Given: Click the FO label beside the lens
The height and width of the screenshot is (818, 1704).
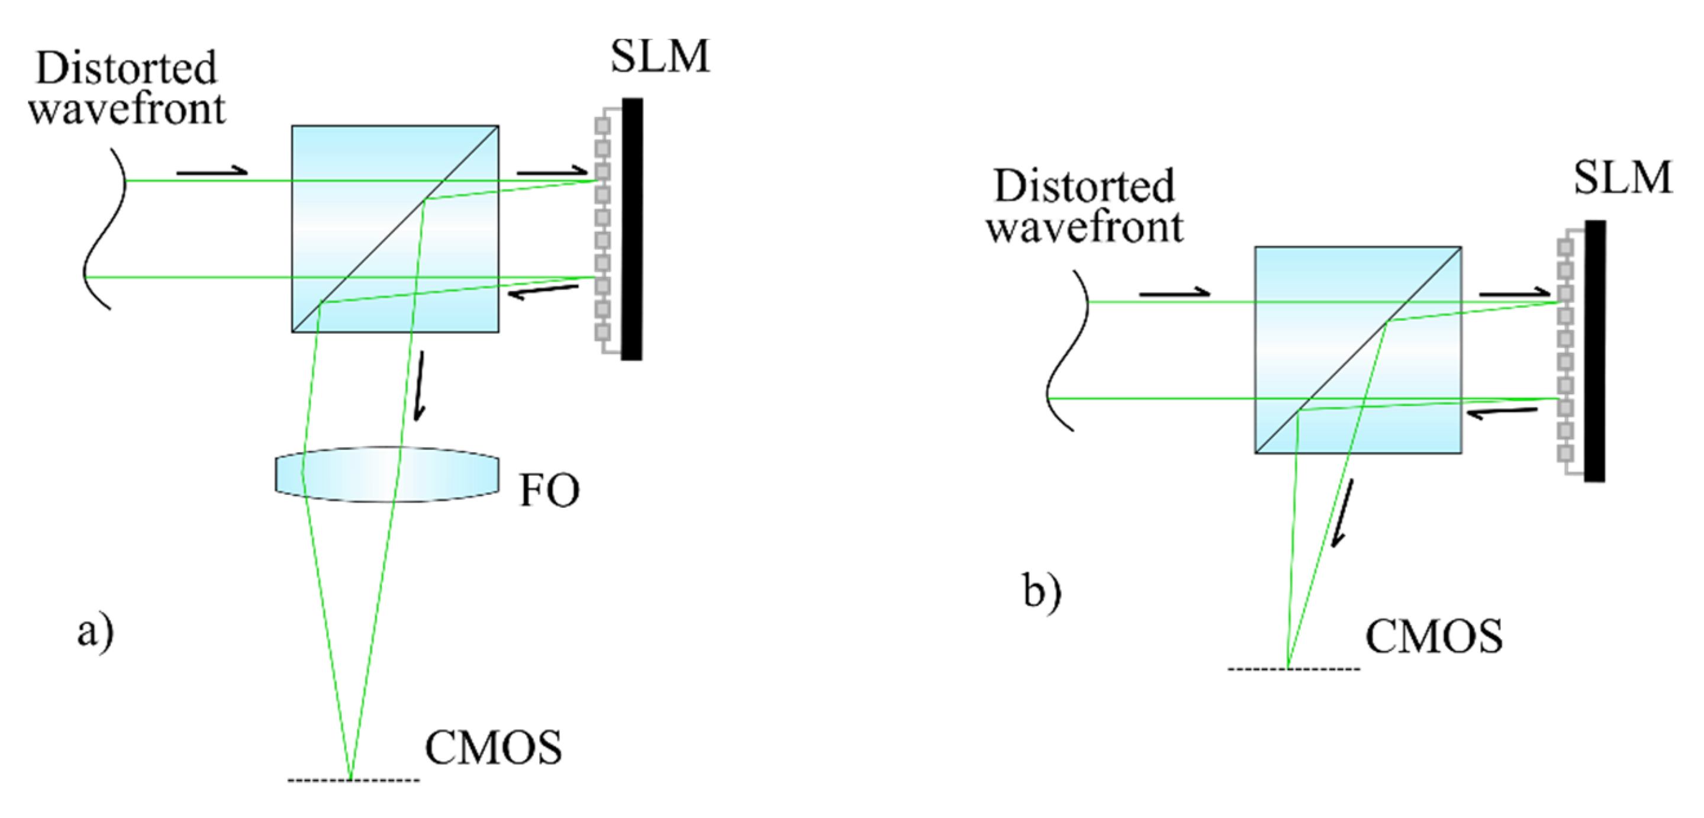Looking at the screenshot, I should coord(549,491).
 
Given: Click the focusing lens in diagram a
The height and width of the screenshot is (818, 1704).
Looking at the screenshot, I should coord(387,474).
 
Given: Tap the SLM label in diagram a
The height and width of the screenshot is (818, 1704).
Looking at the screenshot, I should coord(659,56).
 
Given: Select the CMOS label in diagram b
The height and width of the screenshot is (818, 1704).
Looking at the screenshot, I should coord(1434,637).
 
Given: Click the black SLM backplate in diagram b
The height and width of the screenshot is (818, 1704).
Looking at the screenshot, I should coord(1594,351).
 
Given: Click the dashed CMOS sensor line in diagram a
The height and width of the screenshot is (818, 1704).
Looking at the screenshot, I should coord(353,781).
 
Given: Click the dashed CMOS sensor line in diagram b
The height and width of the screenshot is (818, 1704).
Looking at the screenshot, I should coord(1294,669).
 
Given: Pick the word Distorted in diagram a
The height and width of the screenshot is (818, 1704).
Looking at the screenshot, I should coord(125,68).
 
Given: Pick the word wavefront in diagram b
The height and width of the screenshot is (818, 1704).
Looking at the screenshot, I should coord(1085,227).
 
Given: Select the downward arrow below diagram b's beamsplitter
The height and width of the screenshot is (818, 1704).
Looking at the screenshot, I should coord(1342,513).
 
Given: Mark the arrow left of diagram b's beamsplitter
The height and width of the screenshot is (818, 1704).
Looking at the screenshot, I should coord(1174,292).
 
